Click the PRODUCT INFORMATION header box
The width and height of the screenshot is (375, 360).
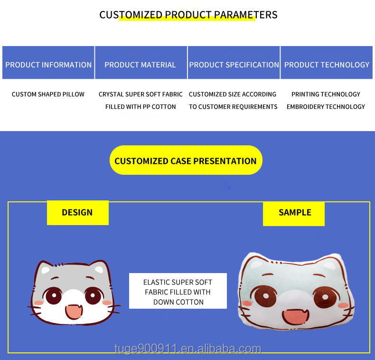48,63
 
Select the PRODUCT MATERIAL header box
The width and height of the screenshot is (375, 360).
141,63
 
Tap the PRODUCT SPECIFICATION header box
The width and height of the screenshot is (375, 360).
234,63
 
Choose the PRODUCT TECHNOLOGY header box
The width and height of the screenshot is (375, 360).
327,63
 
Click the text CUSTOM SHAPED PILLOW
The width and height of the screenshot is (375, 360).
48,95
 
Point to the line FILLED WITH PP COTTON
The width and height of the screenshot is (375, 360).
141,107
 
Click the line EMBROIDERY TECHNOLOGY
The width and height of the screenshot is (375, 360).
326,107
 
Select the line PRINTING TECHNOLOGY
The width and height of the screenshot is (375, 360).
326,95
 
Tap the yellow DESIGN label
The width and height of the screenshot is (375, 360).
78,213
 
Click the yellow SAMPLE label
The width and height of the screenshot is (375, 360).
294,214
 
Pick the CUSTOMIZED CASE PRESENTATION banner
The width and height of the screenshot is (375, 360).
186,160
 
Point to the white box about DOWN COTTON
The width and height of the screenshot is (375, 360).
178,291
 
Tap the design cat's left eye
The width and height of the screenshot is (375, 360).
54,295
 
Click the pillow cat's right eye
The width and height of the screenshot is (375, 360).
325,297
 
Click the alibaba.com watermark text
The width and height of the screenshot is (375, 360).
188,349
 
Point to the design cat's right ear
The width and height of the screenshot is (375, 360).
99,268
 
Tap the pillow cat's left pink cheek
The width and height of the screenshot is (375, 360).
247,303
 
